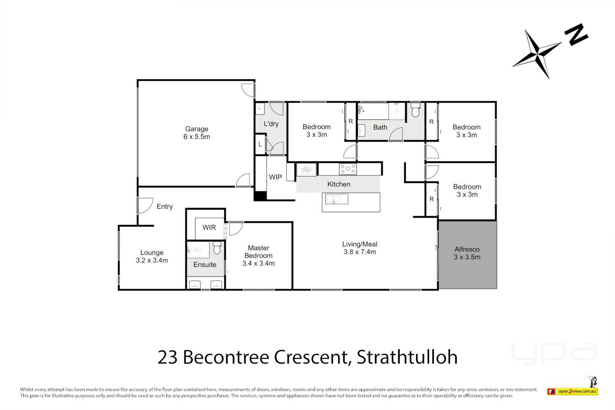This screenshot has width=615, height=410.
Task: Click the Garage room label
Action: pyautogui.click(x=197, y=133)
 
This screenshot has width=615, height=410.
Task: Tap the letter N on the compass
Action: pyautogui.click(x=576, y=35)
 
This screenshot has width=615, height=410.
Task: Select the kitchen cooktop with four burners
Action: pyautogui.click(x=348, y=169)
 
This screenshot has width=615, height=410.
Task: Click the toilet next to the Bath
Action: pyautogui.click(x=415, y=110)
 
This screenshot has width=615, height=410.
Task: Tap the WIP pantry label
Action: pyautogui.click(x=275, y=177)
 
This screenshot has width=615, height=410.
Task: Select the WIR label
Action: pyautogui.click(x=209, y=227)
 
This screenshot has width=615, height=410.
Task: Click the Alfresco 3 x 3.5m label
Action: pyautogui.click(x=467, y=253)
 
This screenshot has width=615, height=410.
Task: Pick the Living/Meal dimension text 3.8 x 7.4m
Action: pyautogui.click(x=360, y=252)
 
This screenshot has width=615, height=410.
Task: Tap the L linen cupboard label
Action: pyautogui.click(x=260, y=145)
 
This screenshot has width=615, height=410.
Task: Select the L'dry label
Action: pyautogui.click(x=271, y=124)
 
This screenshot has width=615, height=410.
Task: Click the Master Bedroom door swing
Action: pyautogui.click(x=235, y=229)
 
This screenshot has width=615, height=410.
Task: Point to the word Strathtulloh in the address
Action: pyautogui.click(x=407, y=357)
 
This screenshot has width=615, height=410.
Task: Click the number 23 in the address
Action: pyautogui.click(x=167, y=357)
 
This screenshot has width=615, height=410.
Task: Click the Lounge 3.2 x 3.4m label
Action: pyautogui.click(x=152, y=256)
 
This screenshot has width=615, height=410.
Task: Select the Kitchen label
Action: pyautogui.click(x=339, y=184)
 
